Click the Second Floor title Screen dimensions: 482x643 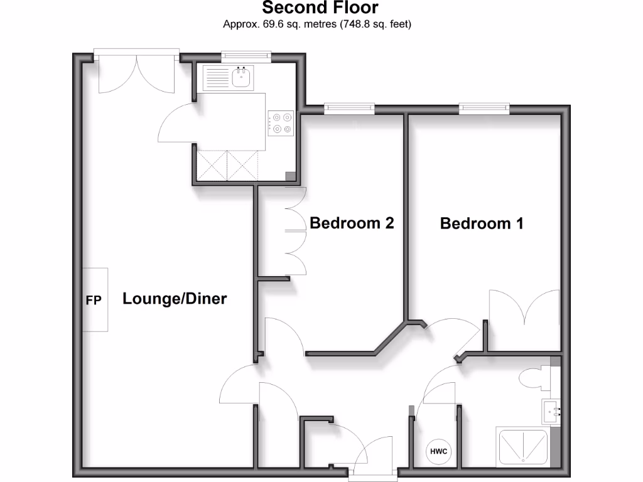click(320, 8)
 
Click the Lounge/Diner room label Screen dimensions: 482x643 click(174, 299)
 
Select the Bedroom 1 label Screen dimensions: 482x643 click(482, 223)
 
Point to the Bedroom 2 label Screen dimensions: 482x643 click(352, 223)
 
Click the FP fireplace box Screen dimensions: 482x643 click(94, 299)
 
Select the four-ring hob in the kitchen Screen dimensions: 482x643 click(281, 122)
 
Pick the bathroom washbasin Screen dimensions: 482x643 click(551, 412)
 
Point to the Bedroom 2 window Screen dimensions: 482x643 click(349, 109)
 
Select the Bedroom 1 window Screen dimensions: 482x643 click(484, 109)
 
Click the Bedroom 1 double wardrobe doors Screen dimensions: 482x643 click(524, 317)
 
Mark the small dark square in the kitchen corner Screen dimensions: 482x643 click(289, 177)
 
